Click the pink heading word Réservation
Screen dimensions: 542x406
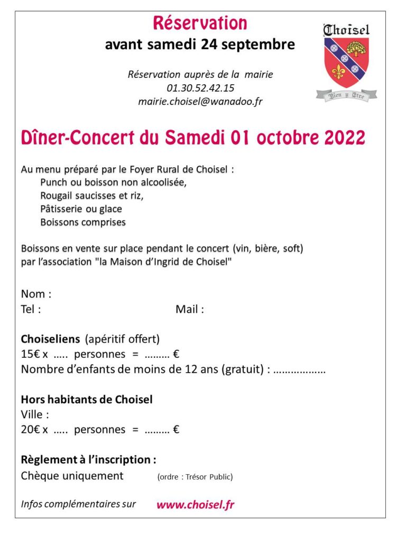coord(200,23)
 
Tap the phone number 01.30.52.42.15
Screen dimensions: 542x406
coord(200,88)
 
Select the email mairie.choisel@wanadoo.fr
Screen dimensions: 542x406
coord(200,102)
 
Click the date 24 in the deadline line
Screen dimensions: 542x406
coord(209,45)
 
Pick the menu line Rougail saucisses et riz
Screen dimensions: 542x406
coord(91,195)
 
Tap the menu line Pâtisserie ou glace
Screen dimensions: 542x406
coord(81,209)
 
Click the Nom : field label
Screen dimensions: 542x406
coord(36,294)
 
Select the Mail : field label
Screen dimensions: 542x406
coord(190,310)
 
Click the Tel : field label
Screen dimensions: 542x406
coord(31,310)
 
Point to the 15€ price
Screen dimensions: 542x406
coord(31,354)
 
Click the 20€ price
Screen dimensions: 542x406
coord(31,430)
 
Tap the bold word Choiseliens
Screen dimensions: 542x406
coord(50,339)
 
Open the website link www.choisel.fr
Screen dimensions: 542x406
coord(195,504)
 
